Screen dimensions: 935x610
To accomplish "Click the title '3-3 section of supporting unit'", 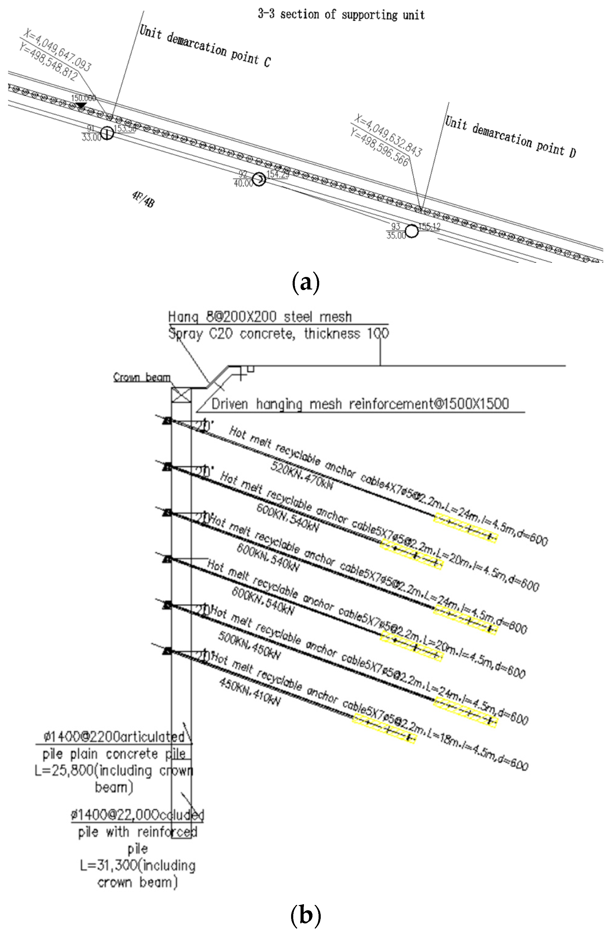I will (341, 15).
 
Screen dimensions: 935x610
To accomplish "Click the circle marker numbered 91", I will (107, 133).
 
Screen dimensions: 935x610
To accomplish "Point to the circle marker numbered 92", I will (259, 180).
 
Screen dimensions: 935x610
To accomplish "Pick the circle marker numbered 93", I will (411, 231).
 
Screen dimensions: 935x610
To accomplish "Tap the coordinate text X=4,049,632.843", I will (388, 135).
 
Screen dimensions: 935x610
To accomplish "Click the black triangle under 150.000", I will (81, 105).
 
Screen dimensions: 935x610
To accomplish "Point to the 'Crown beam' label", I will (142, 377).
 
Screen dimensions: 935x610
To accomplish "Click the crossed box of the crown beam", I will (181, 395).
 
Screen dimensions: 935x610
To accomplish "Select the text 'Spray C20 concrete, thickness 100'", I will (278, 333).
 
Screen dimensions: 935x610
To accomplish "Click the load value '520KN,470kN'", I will (302, 475).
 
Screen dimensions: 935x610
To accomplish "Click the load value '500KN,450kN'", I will (249, 646).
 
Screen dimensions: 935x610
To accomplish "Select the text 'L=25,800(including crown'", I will (114, 770).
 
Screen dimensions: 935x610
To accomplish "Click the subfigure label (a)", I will (306, 282).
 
